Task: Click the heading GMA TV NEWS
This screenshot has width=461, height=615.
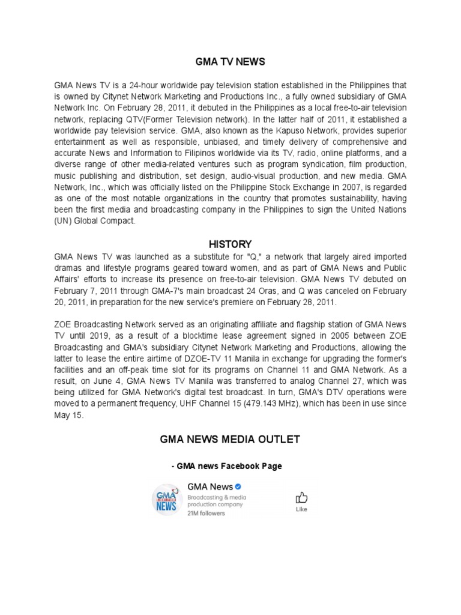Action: click(230, 62)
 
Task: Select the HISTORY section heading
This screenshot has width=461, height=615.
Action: click(230, 244)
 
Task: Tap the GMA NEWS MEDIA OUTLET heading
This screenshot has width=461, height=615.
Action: click(230, 439)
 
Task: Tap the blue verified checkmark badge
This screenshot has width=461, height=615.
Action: click(238, 486)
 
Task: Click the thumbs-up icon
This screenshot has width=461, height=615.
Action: click(301, 498)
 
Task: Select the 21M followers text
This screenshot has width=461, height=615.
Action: click(206, 514)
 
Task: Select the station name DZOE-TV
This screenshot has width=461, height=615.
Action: click(253, 371)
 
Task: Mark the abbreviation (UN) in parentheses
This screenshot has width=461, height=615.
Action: click(64, 222)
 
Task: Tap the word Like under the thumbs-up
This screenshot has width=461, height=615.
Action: click(301, 509)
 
